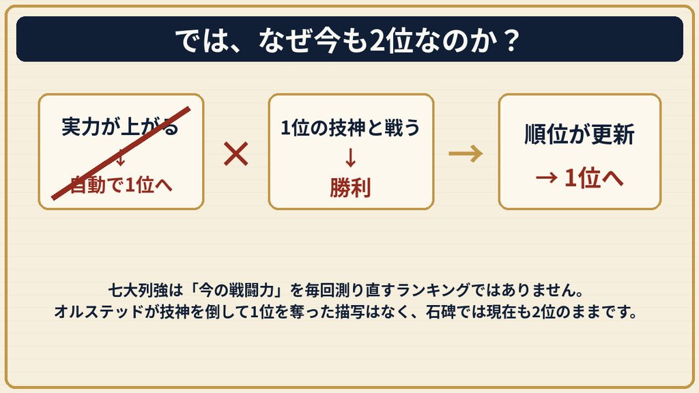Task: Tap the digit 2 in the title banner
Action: point(377,41)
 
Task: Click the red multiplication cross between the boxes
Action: point(236,154)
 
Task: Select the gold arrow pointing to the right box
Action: point(466,154)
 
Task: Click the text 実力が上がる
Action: point(120,127)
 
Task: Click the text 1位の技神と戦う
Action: point(350,128)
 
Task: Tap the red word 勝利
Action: point(350,188)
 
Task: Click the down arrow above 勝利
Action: point(350,158)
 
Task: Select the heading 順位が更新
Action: point(580,134)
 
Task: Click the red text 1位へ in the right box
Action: point(594,178)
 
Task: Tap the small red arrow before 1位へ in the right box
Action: point(547,178)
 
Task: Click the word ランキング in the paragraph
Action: point(433,291)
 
